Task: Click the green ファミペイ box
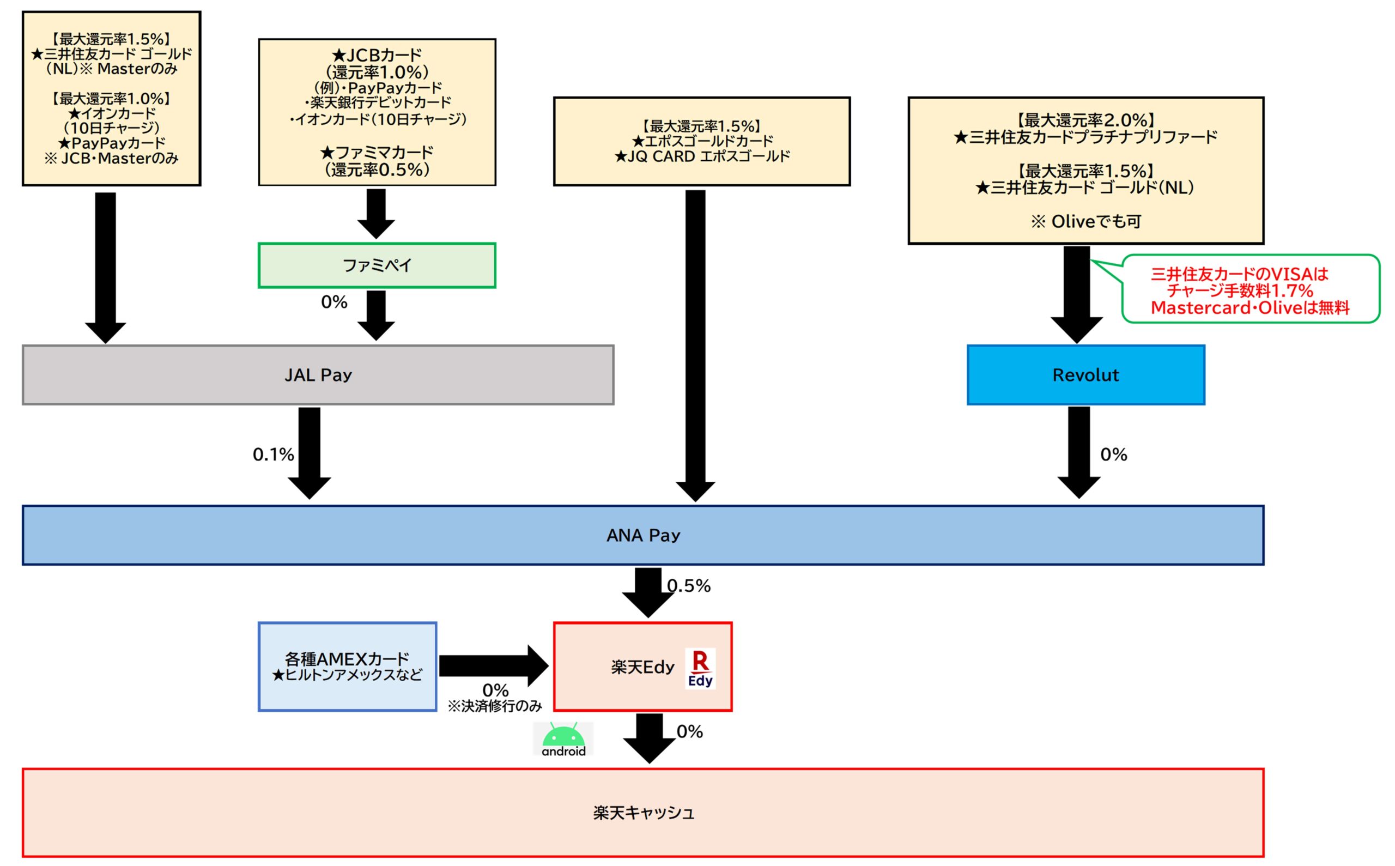point(377,265)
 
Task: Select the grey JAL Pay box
point(318,375)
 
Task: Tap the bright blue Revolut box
point(1086,375)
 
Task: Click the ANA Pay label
point(643,536)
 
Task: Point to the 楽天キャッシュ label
point(643,813)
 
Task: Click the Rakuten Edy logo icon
point(700,668)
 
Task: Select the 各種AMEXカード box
point(348,667)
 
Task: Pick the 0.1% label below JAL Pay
point(273,455)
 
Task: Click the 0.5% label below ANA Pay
point(689,586)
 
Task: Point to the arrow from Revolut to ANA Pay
point(1079,452)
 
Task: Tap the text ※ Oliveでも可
point(1086,222)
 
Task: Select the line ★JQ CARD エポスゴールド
point(701,156)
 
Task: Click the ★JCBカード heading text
point(377,56)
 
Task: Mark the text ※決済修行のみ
point(494,706)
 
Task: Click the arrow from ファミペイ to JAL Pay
point(375,315)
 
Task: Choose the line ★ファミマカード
point(377,153)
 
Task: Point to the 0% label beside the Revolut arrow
point(1114,455)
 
